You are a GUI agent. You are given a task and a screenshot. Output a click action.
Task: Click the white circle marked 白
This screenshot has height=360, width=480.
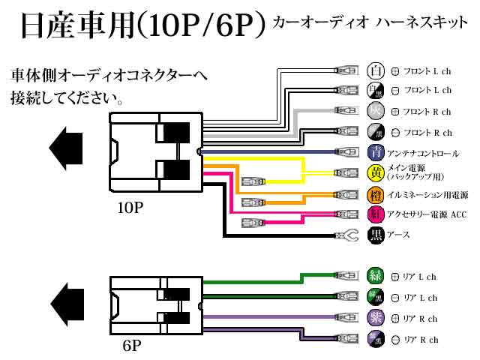(375, 71)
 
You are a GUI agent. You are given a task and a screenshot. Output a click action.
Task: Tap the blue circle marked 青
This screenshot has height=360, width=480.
(375, 153)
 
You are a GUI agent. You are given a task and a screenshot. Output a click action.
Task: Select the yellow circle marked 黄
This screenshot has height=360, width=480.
(375, 173)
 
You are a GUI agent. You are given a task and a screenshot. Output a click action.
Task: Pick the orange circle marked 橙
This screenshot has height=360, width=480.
(375, 194)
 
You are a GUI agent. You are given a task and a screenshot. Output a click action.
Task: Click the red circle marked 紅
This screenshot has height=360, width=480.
(375, 214)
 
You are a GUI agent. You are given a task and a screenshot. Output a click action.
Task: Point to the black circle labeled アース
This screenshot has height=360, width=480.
(375, 235)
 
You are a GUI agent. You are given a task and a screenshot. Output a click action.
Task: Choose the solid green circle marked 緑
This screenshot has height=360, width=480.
(375, 276)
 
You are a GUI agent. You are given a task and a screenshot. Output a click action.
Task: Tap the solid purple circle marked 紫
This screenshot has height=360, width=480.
(375, 318)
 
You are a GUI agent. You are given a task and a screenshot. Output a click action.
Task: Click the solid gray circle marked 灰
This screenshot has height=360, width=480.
(375, 112)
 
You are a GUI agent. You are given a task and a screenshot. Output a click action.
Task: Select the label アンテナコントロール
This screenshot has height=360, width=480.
(423, 154)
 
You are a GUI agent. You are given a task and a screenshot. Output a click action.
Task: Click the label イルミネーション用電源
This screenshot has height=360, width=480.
(427, 194)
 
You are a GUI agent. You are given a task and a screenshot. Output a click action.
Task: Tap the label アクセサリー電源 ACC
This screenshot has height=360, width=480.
(427, 215)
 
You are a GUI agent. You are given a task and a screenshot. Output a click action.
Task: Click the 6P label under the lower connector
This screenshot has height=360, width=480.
(131, 346)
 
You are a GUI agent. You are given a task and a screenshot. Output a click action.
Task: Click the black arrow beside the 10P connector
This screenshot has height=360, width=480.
(66, 142)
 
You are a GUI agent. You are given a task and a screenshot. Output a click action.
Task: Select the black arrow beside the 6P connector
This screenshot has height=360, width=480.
(66, 299)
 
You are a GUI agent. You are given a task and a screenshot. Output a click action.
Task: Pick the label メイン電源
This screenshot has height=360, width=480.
(408, 169)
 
